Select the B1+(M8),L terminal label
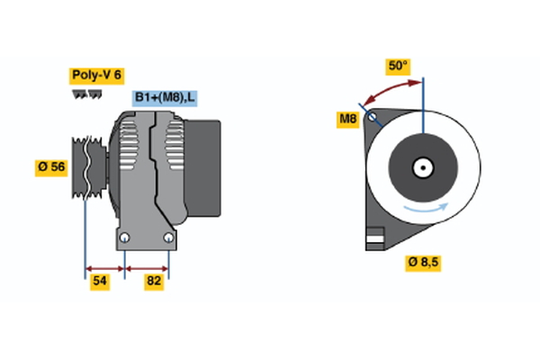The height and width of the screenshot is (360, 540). coord(166,97)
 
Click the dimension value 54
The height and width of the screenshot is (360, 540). coord(101,282)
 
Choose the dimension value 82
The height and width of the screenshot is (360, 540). coord(155,282)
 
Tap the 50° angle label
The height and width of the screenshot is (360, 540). coord(398,66)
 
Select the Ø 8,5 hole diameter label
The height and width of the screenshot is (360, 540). coord(424,263)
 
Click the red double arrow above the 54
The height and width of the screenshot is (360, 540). coord(103,267)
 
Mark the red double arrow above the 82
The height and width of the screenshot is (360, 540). coord(147,267)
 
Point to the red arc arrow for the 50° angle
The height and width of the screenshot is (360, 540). coord(391,89)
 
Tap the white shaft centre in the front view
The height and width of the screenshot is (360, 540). coord(422,167)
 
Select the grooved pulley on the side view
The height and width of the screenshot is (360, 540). coord(87,168)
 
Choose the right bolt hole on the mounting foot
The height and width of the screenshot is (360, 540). coord(168,237)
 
